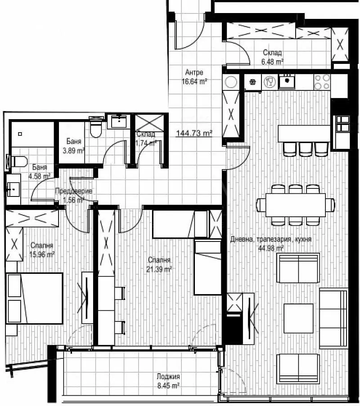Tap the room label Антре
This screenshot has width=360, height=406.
[194, 72]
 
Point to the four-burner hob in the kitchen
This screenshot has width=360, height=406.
[322, 81]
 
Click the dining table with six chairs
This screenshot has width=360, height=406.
[296, 205]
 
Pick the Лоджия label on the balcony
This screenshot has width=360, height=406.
[169, 376]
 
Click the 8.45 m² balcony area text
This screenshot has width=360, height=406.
[169, 385]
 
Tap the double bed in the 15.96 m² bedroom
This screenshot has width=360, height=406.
[35, 298]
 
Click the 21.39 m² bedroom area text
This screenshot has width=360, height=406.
[160, 269]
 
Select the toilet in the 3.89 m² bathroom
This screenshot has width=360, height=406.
[95, 129]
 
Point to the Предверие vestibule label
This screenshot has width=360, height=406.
[73, 191]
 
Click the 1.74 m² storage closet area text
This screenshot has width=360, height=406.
[146, 143]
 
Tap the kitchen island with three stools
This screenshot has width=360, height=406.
[304, 134]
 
